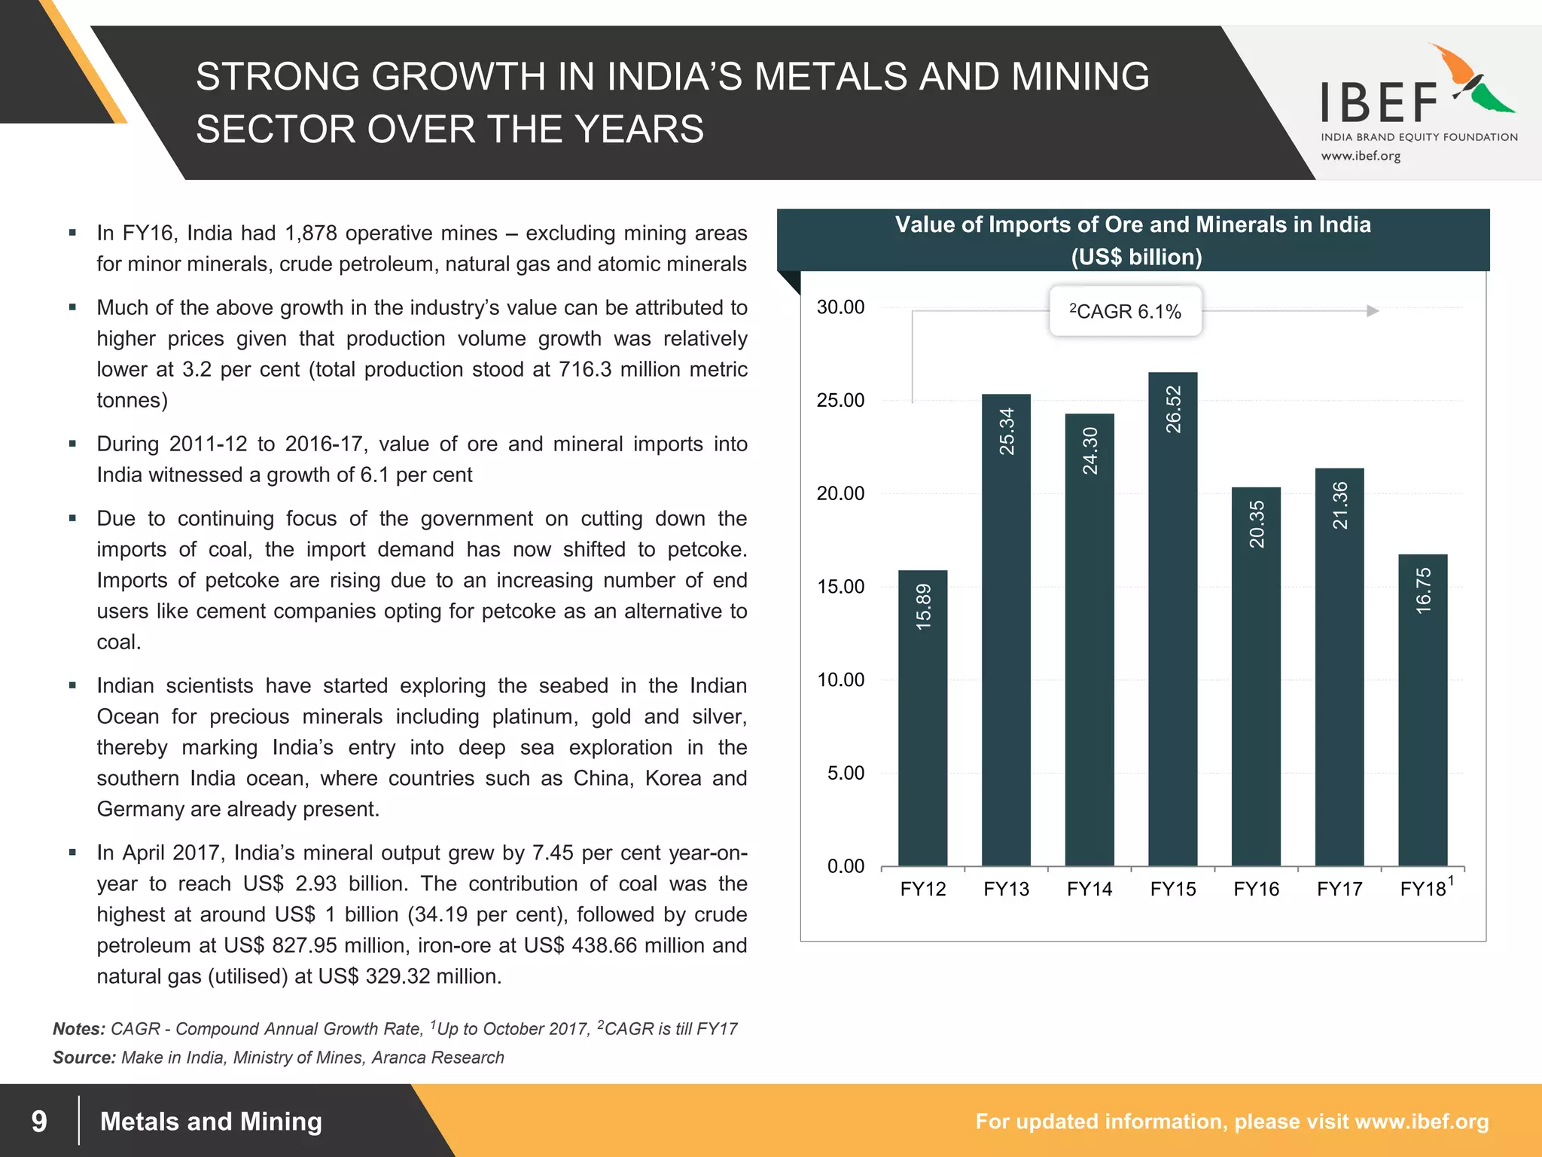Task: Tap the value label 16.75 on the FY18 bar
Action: tap(1423, 591)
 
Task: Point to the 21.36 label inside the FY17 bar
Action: tap(1340, 505)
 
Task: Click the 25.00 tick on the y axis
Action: tap(840, 401)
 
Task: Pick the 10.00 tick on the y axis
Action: tap(840, 680)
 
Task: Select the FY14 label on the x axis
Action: tap(1089, 890)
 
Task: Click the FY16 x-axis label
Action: tap(1256, 890)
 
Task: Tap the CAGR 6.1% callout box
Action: tap(1126, 311)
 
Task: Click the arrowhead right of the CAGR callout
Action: tap(1372, 311)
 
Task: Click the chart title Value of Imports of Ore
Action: tap(1132, 225)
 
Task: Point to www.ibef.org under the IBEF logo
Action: tap(1361, 157)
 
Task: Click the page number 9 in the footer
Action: tap(39, 1121)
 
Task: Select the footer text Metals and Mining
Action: tap(211, 1121)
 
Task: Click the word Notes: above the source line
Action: tap(78, 1029)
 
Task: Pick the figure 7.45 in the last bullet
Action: tap(553, 853)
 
